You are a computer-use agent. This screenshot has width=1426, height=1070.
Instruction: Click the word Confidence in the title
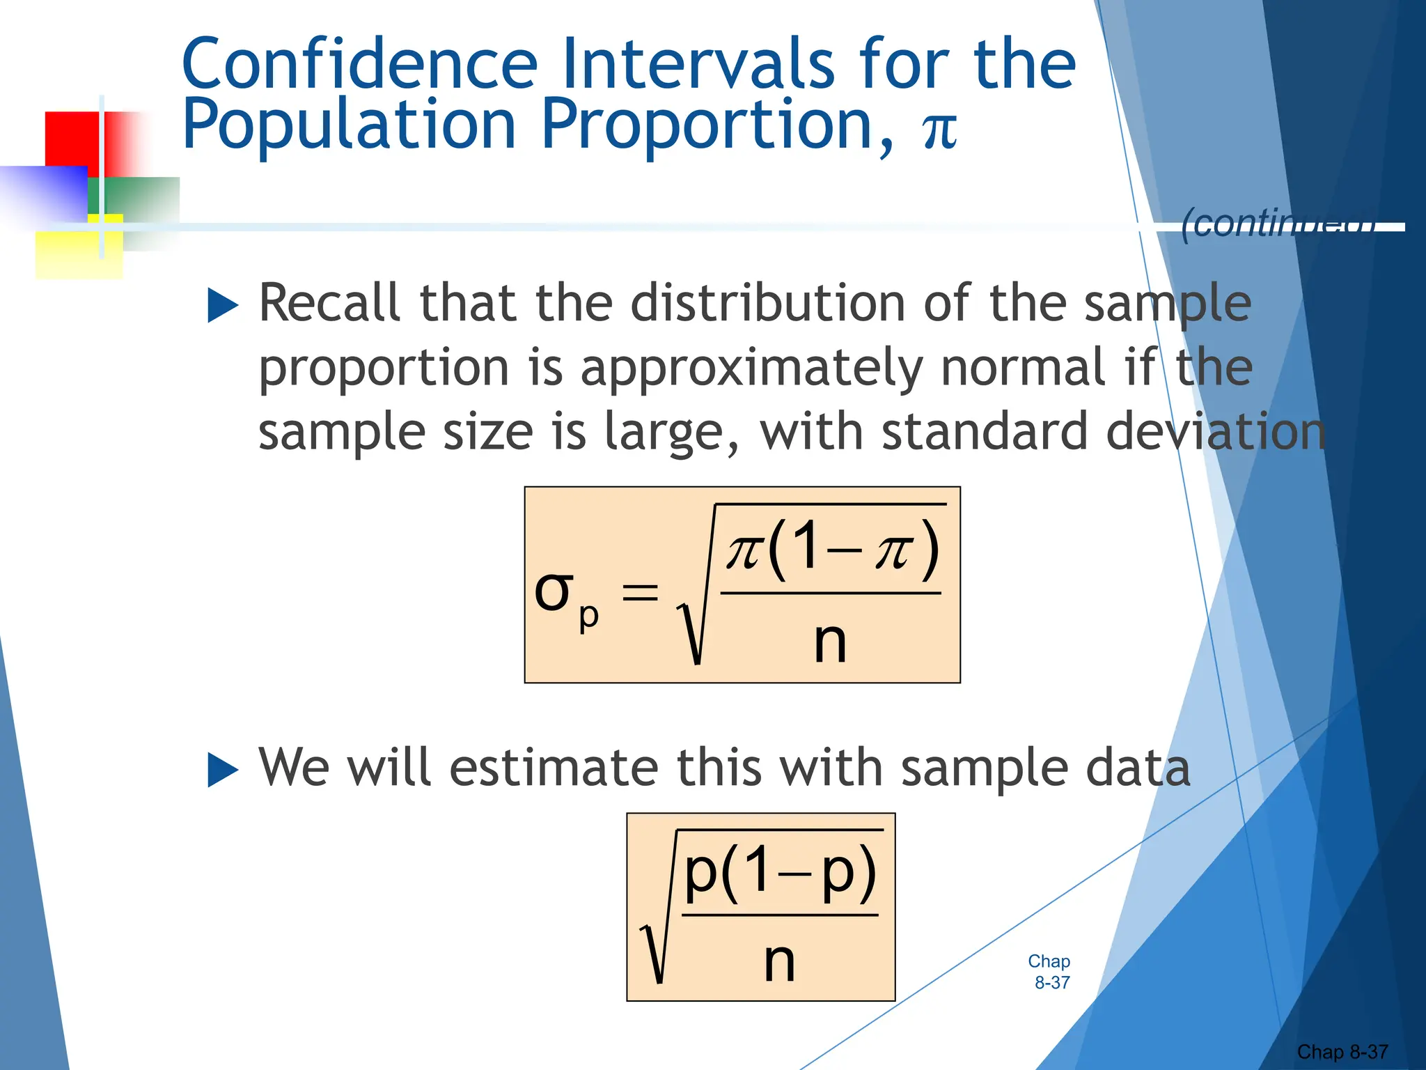click(x=359, y=64)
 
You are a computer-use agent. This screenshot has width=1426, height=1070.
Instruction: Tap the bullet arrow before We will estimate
click(x=223, y=770)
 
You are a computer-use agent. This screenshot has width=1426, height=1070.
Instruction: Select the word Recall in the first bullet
click(x=329, y=304)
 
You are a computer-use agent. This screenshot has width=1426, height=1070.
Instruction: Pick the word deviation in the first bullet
click(x=1215, y=432)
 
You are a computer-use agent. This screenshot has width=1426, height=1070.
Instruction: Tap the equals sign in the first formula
click(x=640, y=594)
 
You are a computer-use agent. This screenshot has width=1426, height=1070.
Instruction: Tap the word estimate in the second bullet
click(x=554, y=768)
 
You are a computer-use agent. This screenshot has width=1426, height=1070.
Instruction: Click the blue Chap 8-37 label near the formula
click(x=1050, y=972)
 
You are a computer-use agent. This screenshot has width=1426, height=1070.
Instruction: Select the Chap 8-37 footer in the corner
click(x=1342, y=1051)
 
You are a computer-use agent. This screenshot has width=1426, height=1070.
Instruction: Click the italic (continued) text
click(x=1278, y=224)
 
